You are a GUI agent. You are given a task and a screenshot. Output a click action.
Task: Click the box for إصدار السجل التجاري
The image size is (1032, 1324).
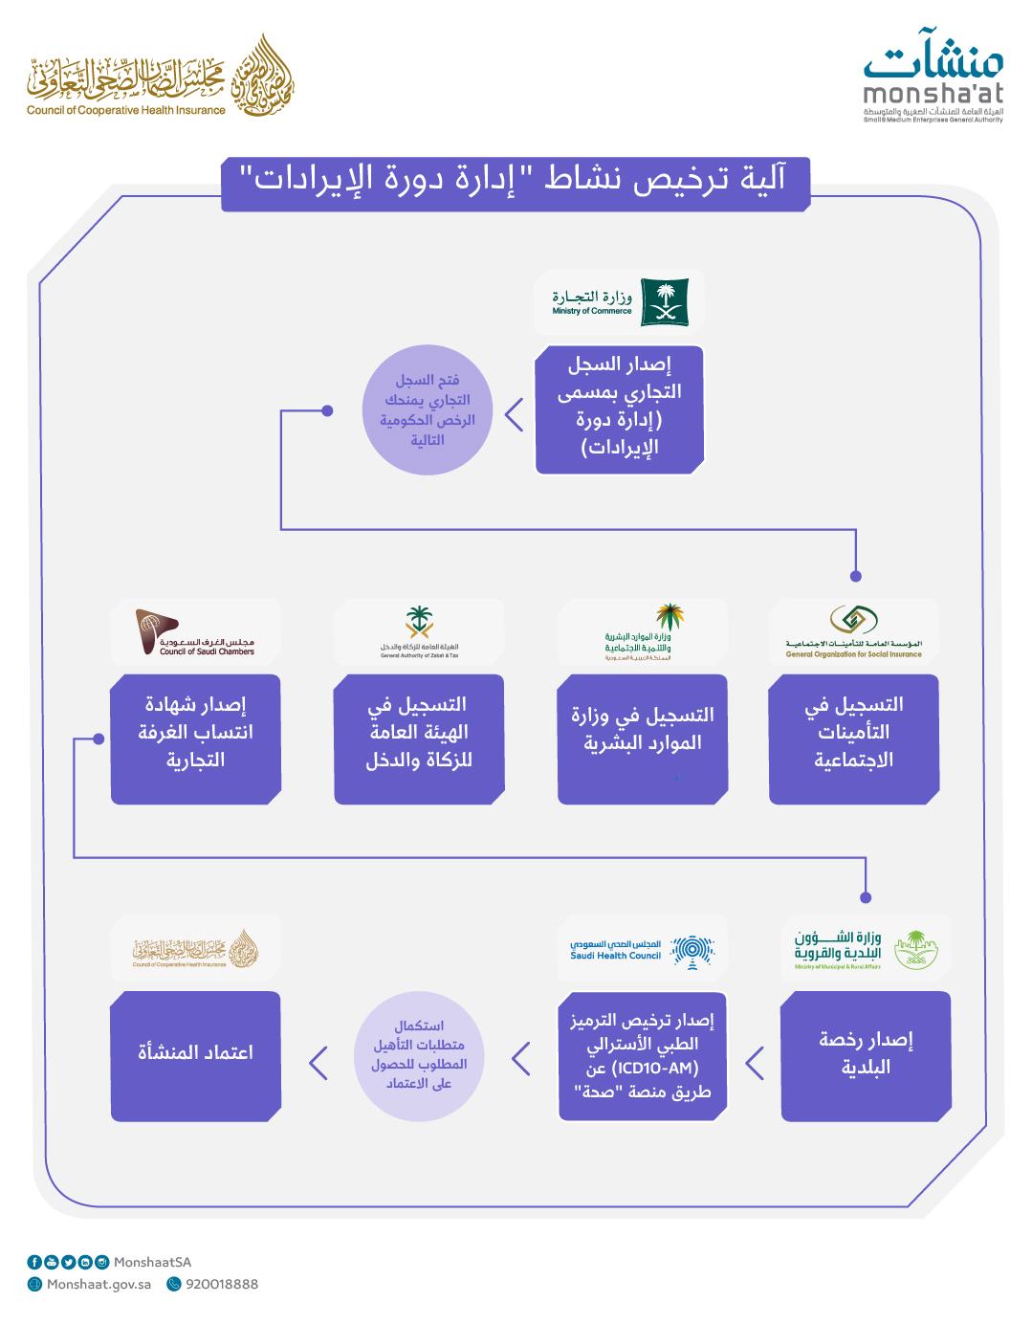[619, 409]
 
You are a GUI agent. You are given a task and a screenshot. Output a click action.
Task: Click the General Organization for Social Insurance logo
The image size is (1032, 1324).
[853, 631]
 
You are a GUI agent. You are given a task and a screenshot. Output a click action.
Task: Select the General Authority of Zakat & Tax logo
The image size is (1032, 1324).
[419, 631]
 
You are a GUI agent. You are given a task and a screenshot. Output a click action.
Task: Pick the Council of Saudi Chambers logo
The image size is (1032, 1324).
[195, 631]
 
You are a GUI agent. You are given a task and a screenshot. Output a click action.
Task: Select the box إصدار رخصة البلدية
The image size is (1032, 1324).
[866, 1055]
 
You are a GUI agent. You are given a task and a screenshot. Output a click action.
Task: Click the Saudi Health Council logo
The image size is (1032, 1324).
[642, 947]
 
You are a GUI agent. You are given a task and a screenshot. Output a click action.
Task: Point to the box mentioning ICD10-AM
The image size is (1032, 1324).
[642, 1055]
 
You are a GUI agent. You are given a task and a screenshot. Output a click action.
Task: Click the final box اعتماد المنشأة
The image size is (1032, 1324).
[195, 1055]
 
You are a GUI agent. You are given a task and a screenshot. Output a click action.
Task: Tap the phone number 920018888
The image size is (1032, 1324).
[221, 1285]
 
